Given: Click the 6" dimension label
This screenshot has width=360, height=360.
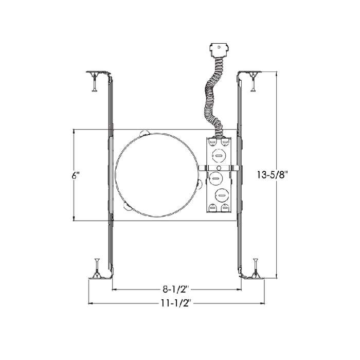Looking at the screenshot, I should pos(76,175).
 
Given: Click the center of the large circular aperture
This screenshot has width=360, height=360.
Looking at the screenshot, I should pos(156,175).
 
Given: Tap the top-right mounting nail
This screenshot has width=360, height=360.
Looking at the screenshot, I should pos(253,82).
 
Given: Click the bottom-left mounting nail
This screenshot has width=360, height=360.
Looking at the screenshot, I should pos(96,267).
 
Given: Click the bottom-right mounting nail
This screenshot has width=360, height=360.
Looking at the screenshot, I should pos(255,267).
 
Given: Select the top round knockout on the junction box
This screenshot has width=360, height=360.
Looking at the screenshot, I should pos(219,154).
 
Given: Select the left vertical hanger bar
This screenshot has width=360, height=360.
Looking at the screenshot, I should pos(110,175).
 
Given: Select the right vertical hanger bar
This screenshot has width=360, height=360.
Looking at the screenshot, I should pos(240,175).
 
